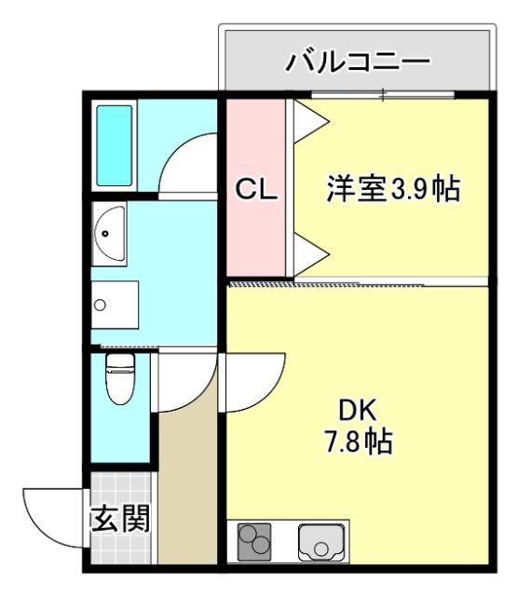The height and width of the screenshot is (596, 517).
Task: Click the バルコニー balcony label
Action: [x=358, y=62]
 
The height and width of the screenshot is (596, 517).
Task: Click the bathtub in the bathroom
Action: [x=115, y=144]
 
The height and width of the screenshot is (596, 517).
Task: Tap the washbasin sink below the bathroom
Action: [x=111, y=232]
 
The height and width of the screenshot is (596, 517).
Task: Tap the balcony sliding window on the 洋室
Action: [x=382, y=94]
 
